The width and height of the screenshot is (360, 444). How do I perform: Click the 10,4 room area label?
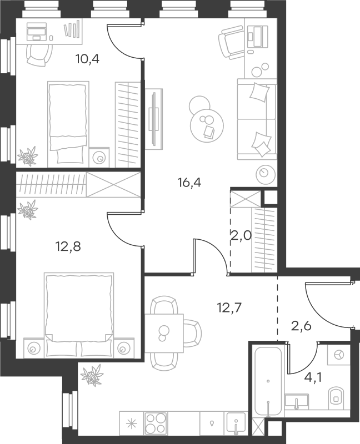[x=87, y=59]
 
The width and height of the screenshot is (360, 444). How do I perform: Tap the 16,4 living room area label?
[x=189, y=182]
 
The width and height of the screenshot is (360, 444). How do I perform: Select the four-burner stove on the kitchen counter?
[x=156, y=423]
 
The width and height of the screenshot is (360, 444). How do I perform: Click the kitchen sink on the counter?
[x=236, y=423]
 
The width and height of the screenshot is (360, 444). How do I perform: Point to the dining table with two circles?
[x=163, y=332]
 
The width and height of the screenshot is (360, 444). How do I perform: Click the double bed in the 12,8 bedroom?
[x=78, y=314]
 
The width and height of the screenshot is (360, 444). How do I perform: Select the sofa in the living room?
[x=257, y=118]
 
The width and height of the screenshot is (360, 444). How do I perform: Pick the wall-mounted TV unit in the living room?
[x=154, y=119]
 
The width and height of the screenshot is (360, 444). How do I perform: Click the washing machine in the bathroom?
[x=338, y=354]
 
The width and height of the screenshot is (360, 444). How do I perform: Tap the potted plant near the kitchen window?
[x=92, y=376]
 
